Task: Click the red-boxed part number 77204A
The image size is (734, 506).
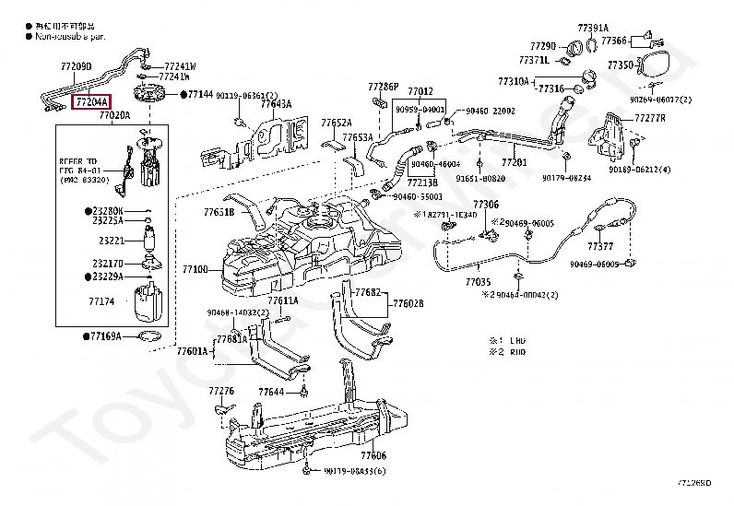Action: pos(92,101)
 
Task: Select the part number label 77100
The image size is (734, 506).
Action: pos(195,270)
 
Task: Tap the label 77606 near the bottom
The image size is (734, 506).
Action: pos(373,455)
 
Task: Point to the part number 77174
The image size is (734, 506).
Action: pos(101,301)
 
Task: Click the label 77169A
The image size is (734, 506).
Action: pos(105,337)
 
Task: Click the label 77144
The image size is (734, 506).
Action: pos(201,94)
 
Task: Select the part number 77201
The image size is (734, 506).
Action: pos(514,162)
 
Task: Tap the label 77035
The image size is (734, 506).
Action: pos(478,281)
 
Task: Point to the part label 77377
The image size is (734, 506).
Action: pos(600,247)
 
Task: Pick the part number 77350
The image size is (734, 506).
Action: pos(620,65)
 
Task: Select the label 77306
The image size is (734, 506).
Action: pos(486,204)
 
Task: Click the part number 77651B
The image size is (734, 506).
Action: pos(219,212)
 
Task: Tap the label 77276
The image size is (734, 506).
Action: pos(221,391)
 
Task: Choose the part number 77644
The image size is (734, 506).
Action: pos(271,392)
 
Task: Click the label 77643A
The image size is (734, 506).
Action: pos(276,104)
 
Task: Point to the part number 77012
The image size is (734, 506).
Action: pos(420,91)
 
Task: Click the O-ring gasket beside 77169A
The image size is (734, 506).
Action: pos(153,336)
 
